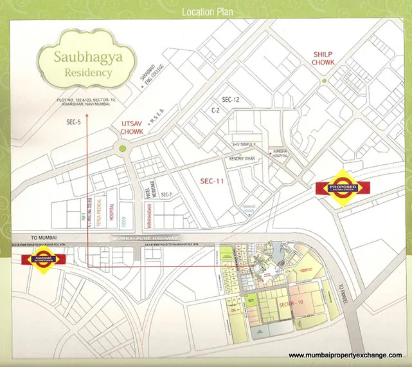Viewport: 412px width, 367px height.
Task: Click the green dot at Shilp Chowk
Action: click(x=325, y=80)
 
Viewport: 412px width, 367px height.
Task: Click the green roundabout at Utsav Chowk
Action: click(x=122, y=149)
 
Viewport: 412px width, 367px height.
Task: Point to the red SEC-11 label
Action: click(x=211, y=182)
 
